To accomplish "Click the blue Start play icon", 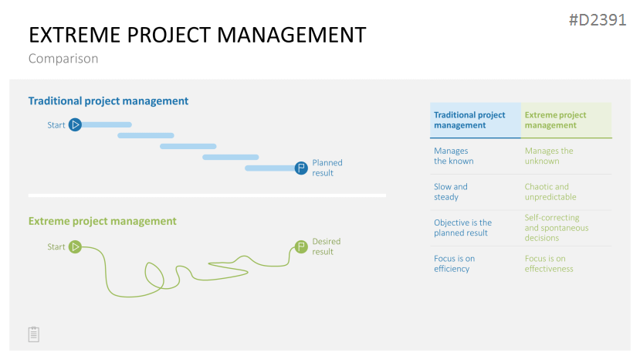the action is tap(75, 124).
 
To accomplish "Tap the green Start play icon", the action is tap(75, 246).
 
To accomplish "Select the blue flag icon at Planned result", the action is tap(301, 168).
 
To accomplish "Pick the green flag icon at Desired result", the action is tap(301, 246).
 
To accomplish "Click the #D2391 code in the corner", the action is tap(598, 20).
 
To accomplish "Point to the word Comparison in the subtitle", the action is tap(63, 59).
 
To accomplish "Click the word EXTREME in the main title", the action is tap(75, 35).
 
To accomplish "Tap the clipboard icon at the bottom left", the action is tap(34, 335).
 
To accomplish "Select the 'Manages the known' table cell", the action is tap(453, 156).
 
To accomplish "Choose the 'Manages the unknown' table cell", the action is tap(549, 156).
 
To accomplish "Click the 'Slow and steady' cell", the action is tap(451, 192).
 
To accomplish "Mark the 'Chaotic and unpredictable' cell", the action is tap(550, 192).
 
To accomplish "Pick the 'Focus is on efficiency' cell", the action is tap(454, 263).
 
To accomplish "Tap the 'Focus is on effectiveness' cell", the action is tap(549, 263).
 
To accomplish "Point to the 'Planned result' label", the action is tap(327, 168).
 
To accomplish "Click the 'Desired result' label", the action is tap(326, 246).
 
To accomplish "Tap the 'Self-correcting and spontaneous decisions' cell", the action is tap(557, 228).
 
